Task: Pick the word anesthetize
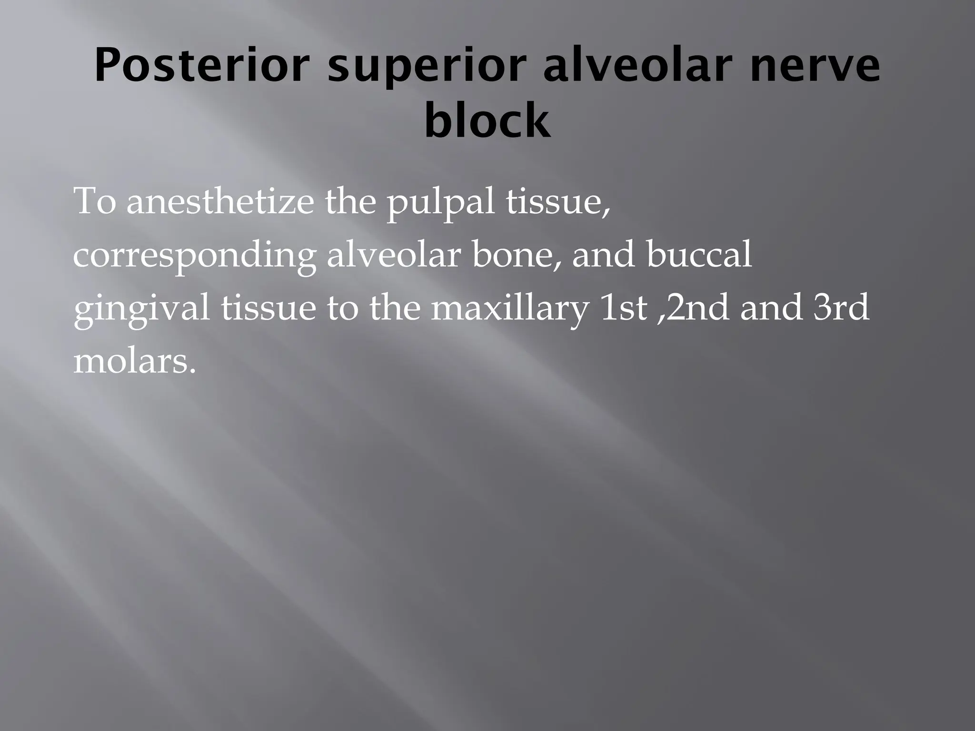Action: [x=220, y=202]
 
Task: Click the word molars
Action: [x=134, y=362]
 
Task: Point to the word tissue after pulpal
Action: [x=557, y=202]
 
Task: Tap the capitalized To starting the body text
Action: [x=95, y=202]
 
